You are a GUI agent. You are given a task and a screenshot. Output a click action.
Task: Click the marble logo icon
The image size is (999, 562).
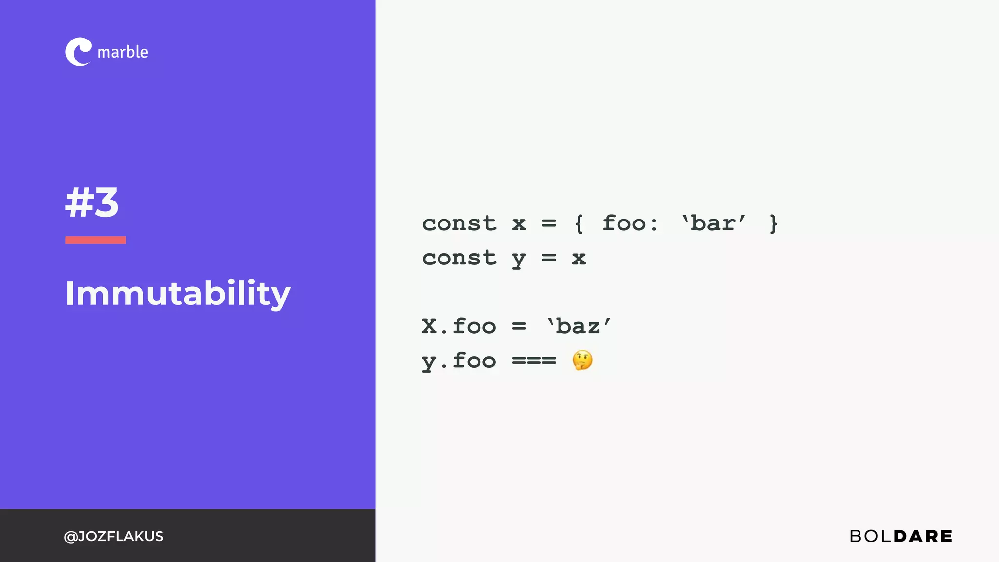pos(78,52)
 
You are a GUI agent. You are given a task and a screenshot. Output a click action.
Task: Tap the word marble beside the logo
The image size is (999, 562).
pos(122,52)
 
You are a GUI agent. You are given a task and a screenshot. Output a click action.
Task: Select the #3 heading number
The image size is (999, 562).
pos(92,202)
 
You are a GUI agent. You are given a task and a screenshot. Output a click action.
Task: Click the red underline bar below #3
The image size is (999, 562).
pos(96,240)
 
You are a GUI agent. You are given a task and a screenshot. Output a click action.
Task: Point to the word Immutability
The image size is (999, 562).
pos(178,294)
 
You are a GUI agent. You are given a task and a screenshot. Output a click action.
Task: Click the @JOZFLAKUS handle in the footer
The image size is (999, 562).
pos(114,536)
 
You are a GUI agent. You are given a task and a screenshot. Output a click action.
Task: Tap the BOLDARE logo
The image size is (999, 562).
pos(900,536)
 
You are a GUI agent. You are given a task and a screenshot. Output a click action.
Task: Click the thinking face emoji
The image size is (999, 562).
pos(582,361)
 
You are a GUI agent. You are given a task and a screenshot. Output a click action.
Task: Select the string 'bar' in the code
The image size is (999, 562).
pos(714,223)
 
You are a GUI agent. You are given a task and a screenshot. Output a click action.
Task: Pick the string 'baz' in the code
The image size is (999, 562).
pos(579,326)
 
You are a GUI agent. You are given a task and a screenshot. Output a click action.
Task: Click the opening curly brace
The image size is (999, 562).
pos(579,224)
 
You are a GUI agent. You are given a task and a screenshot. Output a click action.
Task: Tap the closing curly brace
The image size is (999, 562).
pos(773,224)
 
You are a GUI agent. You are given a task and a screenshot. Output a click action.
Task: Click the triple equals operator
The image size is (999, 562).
pos(534,361)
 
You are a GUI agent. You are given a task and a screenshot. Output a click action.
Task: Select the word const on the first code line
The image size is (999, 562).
pos(459,223)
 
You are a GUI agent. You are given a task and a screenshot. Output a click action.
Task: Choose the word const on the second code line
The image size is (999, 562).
pos(459,258)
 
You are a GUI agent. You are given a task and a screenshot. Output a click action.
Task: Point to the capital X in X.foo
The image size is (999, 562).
pos(429,326)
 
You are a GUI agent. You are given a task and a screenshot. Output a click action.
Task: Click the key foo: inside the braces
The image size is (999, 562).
pos(630,223)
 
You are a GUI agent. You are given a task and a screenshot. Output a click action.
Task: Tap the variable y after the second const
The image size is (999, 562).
pos(519,259)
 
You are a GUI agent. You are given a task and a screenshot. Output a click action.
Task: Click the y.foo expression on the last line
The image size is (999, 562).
pos(459,361)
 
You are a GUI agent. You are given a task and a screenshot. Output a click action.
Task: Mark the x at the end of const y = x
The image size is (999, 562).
pos(579,258)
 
